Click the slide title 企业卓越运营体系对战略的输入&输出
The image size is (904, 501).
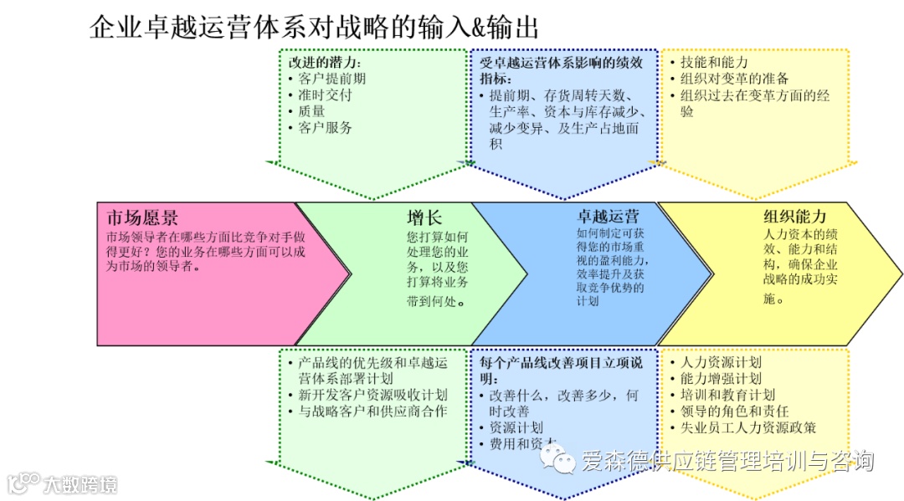tap(313, 27)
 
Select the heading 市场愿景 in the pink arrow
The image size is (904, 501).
tap(142, 218)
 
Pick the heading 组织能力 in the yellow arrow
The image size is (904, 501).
tap(794, 216)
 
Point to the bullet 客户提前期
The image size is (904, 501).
tap(331, 79)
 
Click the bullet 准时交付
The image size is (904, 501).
tap(325, 95)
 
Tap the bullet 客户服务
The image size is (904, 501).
tap(325, 128)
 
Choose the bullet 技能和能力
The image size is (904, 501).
tap(714, 63)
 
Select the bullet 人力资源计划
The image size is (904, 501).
tap(721, 362)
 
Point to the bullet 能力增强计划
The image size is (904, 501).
tap(721, 379)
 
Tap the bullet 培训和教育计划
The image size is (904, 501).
tap(727, 395)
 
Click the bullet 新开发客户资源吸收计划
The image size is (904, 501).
tap(372, 395)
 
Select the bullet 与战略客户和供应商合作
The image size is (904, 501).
tap(372, 412)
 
